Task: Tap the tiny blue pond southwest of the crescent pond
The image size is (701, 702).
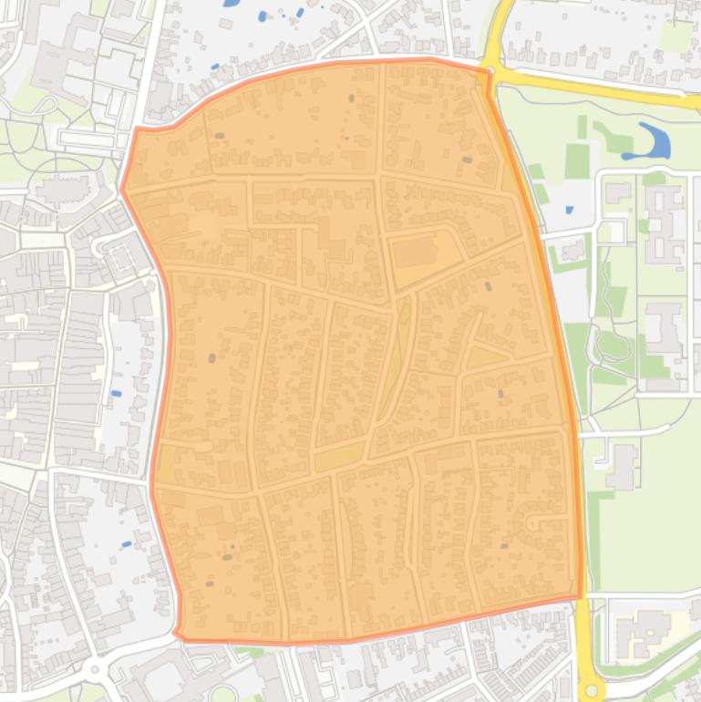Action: pyautogui.click(x=569, y=210)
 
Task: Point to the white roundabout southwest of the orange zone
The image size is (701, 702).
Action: pyautogui.click(x=95, y=672)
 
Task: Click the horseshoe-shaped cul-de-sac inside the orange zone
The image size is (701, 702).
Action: pyautogui.click(x=532, y=522)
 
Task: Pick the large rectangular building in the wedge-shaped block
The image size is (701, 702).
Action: pyautogui.click(x=416, y=252)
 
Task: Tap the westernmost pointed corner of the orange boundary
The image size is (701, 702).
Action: pyautogui.click(x=122, y=191)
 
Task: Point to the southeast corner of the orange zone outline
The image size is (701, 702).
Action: pyautogui.click(x=580, y=597)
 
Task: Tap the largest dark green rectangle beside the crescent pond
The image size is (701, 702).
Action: pyautogui.click(x=577, y=161)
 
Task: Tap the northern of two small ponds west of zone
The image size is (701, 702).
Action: pyautogui.click(x=116, y=393)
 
